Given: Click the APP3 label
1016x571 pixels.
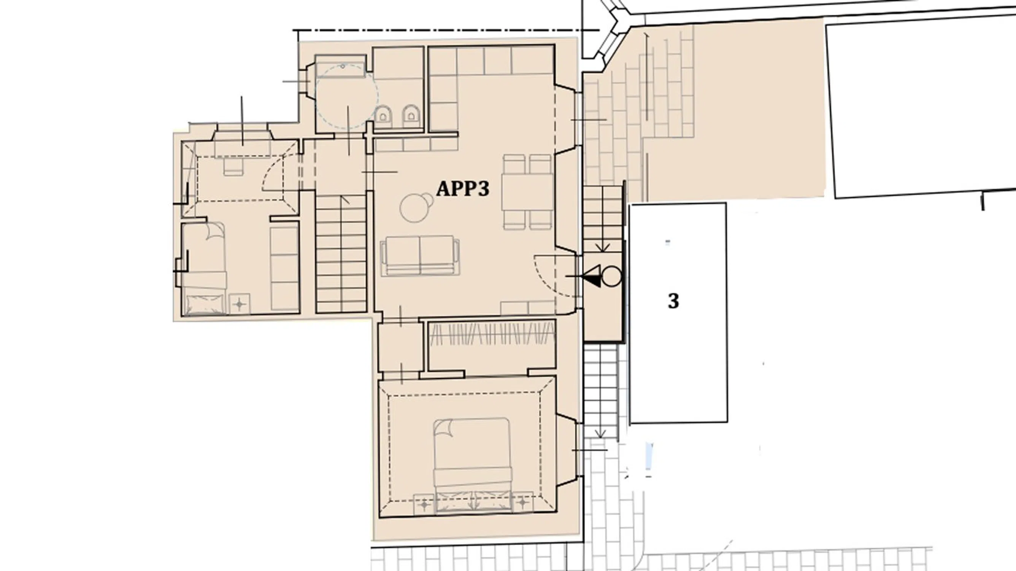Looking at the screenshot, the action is pos(463,189).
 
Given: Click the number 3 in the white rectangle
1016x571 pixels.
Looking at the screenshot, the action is pos(673,301).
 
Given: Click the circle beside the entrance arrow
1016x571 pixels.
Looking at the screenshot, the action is pos(612,276).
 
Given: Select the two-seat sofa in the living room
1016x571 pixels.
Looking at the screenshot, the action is pos(420,256).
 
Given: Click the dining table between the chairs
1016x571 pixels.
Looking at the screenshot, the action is pos(527,192).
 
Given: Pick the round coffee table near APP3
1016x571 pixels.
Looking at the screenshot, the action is pos(414,208).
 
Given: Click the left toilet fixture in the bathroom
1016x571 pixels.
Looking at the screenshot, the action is pos(383,115).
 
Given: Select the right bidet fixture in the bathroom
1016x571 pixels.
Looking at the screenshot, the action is pos(411,115).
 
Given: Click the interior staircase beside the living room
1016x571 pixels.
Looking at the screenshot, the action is pos(341,254).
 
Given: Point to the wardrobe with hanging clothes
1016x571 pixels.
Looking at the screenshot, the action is pos(492,345).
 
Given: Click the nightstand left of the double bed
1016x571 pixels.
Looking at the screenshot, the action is pos(424,504).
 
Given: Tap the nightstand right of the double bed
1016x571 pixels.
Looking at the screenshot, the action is pos(522,502).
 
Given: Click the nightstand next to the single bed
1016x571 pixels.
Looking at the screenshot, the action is pos(239,304).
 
